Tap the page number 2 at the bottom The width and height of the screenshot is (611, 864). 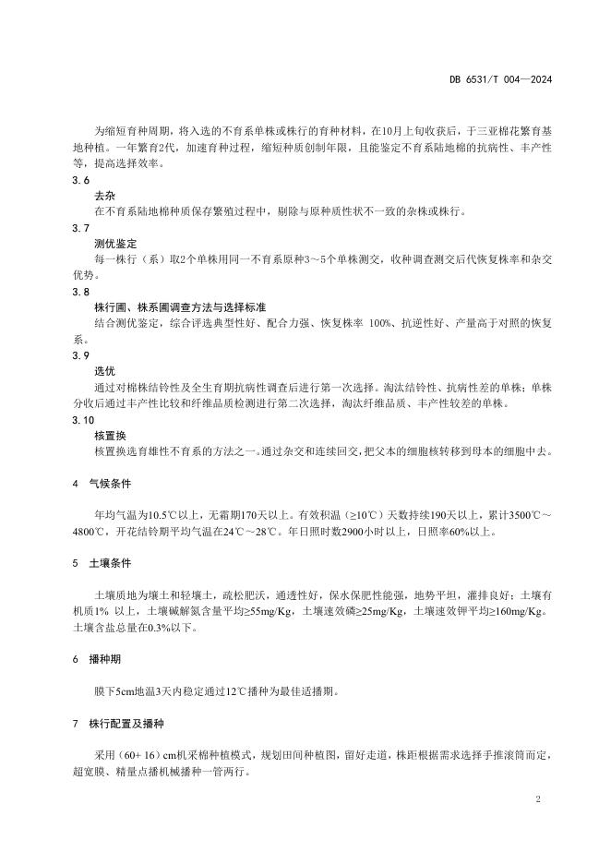point(537,797)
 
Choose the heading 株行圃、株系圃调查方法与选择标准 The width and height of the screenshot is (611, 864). point(187,306)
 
